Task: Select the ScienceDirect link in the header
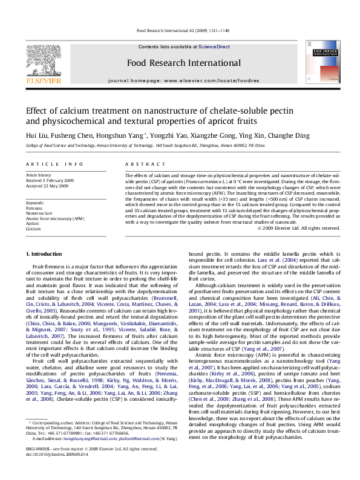tap(214, 47)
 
